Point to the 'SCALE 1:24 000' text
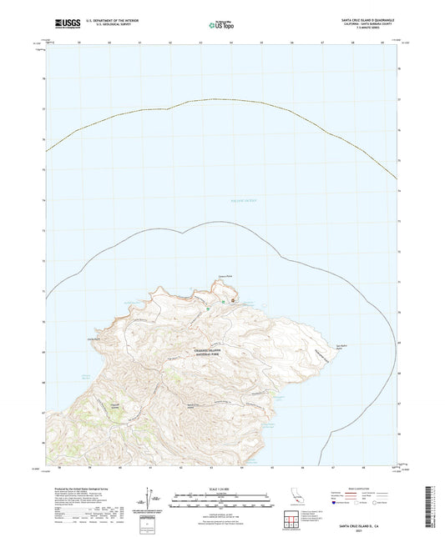[x=221, y=487]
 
